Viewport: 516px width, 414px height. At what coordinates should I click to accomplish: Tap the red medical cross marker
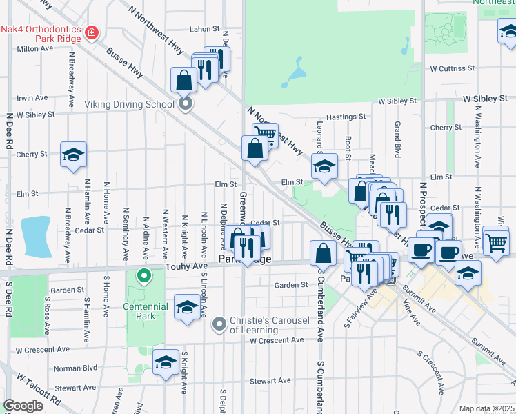pos(91,32)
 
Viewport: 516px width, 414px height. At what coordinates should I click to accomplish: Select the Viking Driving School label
pos(129,104)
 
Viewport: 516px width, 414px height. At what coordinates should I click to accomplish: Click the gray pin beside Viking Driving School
pos(185,104)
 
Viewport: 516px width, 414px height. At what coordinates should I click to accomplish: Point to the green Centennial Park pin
pos(143,277)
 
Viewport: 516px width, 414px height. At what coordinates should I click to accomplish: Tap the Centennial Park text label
pos(146,312)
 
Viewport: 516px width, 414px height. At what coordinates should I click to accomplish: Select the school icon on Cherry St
pos(73,155)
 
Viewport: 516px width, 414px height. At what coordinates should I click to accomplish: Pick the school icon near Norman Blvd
pos(166,362)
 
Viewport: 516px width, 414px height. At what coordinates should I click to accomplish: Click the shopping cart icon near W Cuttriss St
pos(496,243)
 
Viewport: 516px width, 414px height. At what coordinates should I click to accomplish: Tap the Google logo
pos(23,406)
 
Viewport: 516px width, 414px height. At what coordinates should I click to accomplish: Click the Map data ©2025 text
pos(487,408)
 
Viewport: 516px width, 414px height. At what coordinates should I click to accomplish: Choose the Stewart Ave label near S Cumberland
pos(270,380)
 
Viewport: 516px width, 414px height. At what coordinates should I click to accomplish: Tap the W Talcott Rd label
pos(39,391)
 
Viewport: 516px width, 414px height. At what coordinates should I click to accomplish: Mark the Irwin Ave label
pos(32,98)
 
